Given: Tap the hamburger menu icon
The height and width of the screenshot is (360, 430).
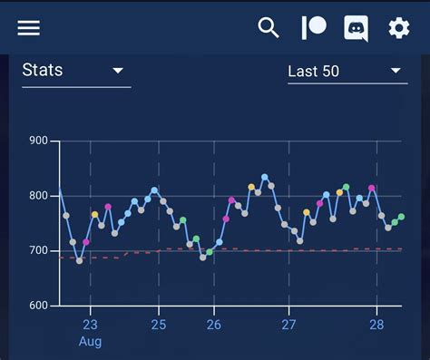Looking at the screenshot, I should click(x=29, y=28).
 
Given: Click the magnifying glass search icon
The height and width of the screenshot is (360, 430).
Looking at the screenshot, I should click(x=269, y=28).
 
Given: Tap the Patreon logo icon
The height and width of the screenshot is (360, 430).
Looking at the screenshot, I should click(x=313, y=28).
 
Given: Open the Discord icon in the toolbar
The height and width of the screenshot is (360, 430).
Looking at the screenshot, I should click(x=357, y=28).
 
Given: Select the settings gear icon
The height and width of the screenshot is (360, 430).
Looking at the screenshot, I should click(x=399, y=28).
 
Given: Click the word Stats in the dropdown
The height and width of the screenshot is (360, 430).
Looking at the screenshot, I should click(x=42, y=71).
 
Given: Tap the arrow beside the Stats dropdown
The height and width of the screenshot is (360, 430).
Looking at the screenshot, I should click(x=118, y=71).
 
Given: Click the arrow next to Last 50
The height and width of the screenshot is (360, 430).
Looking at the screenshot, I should click(x=396, y=71).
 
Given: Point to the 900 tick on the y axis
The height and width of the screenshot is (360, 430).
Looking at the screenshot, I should click(x=38, y=141).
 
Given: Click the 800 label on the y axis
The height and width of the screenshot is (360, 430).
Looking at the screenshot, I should click(x=38, y=196).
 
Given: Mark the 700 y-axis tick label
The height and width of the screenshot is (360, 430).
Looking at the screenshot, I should click(x=38, y=250).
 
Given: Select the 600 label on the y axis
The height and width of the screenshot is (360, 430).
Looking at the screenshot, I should click(x=38, y=306).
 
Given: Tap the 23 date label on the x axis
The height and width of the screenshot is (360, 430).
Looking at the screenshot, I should click(x=90, y=325).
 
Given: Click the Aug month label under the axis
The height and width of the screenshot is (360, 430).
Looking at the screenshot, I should click(x=90, y=341).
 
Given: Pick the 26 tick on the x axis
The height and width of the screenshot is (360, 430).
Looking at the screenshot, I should click(x=214, y=325).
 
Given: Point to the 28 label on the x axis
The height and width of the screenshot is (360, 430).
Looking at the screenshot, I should click(x=376, y=325).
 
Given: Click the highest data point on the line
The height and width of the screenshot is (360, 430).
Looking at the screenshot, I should click(x=265, y=178).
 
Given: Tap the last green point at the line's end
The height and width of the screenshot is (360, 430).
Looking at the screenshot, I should click(x=401, y=217).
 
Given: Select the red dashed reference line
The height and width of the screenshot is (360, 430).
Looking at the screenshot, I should click(x=272, y=249).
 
